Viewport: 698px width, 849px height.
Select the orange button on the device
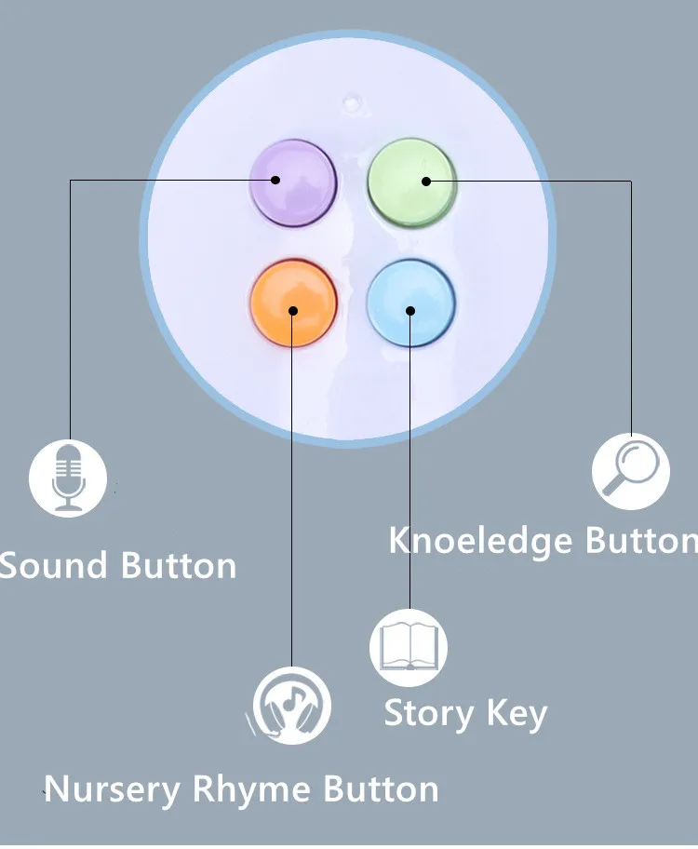pyautogui.click(x=292, y=303)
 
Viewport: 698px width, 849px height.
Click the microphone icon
pyautogui.click(x=68, y=478)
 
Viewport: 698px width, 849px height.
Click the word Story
pyautogui.click(x=427, y=713)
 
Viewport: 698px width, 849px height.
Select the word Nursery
pyautogui.click(x=113, y=789)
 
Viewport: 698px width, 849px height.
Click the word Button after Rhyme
pyautogui.click(x=381, y=789)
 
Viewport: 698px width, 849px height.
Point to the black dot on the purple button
pyautogui.click(x=275, y=180)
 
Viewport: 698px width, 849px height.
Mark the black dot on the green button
pyautogui.click(x=426, y=181)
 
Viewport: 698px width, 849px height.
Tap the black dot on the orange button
pyautogui.click(x=292, y=310)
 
